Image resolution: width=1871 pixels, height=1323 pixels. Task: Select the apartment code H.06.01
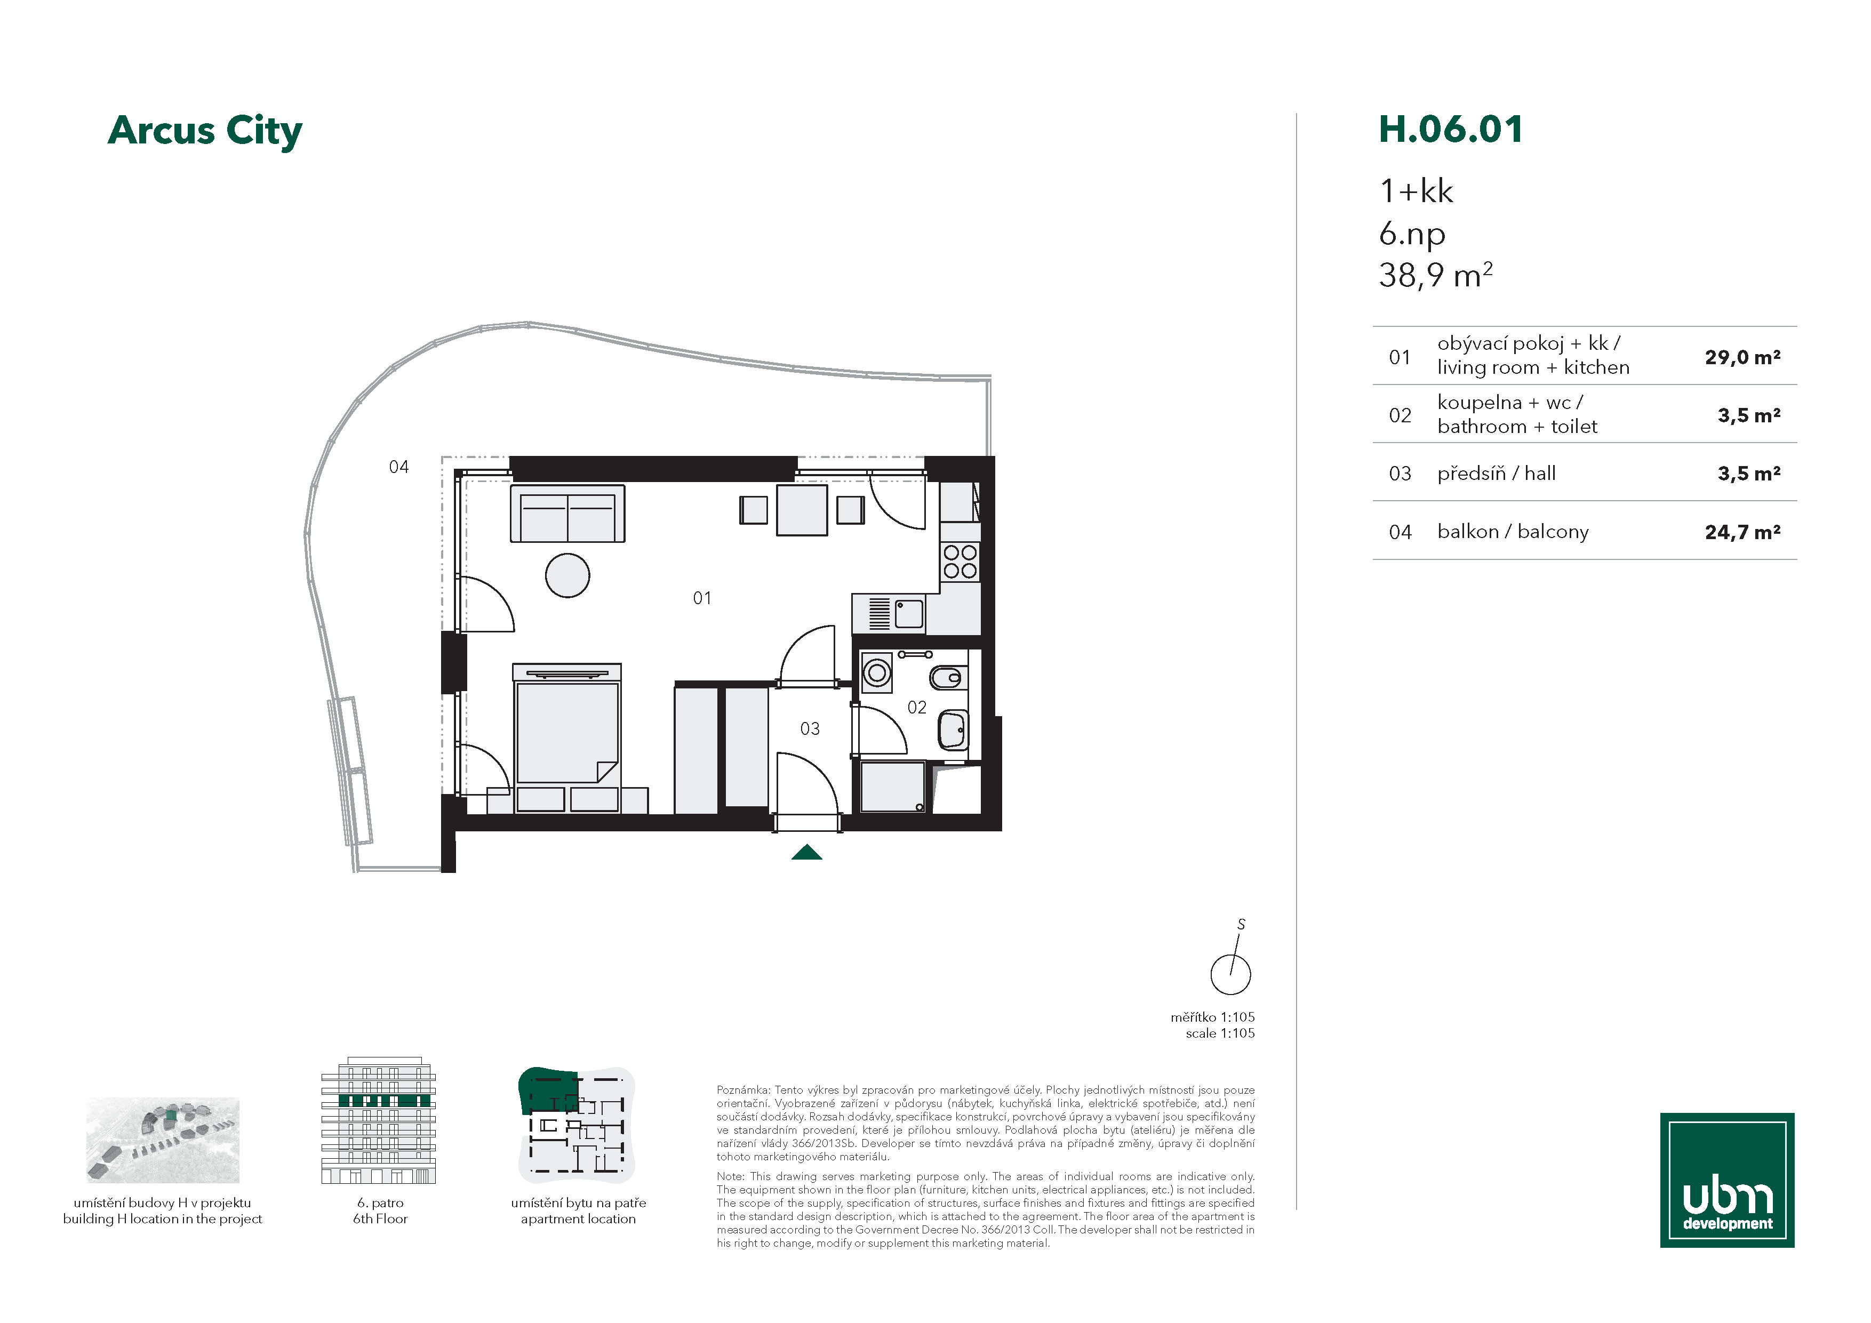(1451, 130)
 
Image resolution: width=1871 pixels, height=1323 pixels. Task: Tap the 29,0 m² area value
(1742, 357)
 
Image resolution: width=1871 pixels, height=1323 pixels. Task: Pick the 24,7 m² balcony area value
(1742, 532)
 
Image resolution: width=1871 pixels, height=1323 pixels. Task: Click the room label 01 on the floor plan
(702, 598)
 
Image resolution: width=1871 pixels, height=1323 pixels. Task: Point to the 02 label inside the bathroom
(917, 707)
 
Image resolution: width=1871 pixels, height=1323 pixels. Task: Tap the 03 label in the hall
(809, 728)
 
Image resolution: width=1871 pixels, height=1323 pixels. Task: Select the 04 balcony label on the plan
(398, 467)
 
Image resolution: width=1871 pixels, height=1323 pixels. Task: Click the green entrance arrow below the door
(807, 852)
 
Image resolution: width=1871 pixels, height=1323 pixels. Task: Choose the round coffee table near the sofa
(567, 575)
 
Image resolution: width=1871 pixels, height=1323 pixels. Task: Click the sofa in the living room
(567, 513)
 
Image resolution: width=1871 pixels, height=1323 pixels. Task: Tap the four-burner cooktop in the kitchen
(960, 562)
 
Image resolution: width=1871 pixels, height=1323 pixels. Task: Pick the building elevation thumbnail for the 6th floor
(379, 1120)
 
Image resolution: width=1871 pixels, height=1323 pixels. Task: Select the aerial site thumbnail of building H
(163, 1140)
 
